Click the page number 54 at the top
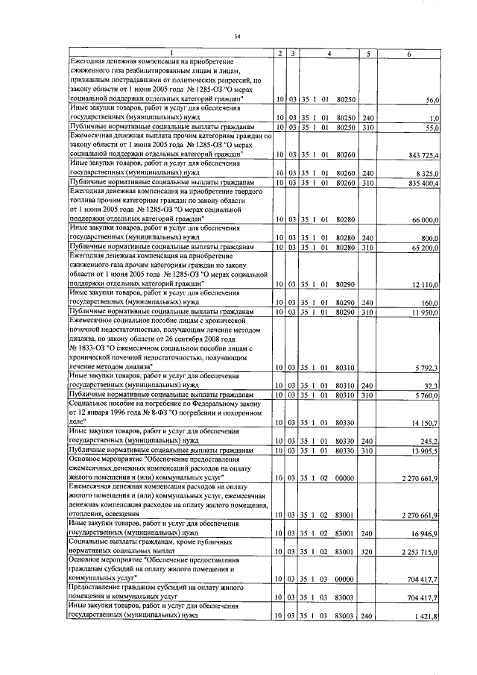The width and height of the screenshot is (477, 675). coord(238,36)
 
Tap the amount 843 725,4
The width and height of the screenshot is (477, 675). coord(423,154)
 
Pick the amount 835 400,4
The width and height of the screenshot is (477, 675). coord(423,183)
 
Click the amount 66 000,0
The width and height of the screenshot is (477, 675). coord(426,222)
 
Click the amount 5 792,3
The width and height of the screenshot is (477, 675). coord(428,368)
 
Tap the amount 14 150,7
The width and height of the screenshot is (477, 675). coord(426,424)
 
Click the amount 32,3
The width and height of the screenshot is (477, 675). coord(433,385)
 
